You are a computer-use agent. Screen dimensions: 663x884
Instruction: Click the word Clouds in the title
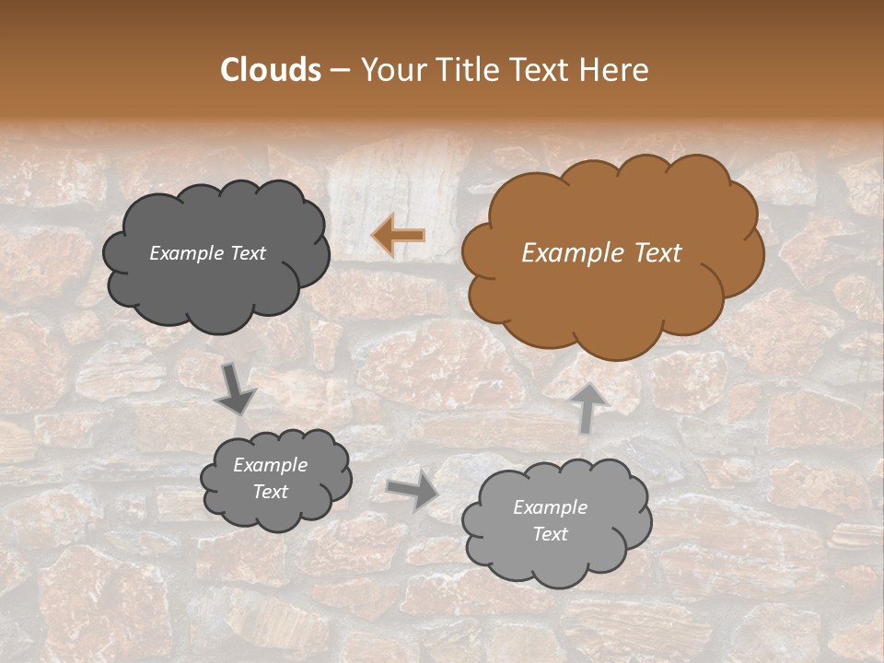click(x=271, y=70)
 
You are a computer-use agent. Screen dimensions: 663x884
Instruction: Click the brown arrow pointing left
click(x=398, y=236)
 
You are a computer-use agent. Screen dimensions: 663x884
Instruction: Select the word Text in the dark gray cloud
click(x=248, y=253)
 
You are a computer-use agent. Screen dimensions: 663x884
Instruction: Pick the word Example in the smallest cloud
click(x=270, y=466)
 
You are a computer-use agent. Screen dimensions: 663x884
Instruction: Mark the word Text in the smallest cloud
click(x=271, y=492)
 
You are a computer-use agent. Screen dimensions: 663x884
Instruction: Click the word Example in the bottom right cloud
click(x=550, y=507)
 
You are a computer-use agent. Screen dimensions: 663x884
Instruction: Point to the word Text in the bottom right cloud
click(x=551, y=534)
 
